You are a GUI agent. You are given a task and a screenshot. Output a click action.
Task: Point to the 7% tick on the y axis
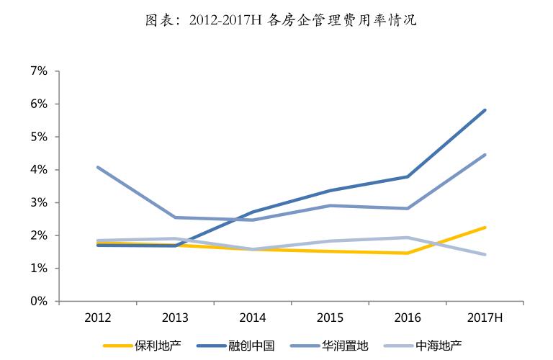[38, 71]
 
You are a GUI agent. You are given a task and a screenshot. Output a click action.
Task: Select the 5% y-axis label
[38, 137]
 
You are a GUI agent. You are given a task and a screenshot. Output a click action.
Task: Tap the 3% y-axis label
[38, 202]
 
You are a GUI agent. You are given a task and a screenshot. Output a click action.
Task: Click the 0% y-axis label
[38, 301]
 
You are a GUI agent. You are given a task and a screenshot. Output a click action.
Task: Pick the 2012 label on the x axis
[97, 318]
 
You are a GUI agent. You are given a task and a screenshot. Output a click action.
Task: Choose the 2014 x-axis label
[252, 318]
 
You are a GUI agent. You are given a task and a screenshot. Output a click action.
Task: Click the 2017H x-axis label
[485, 318]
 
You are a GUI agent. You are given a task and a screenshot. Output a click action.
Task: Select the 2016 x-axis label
[407, 318]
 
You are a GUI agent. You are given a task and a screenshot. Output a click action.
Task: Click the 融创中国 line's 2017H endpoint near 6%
[485, 110]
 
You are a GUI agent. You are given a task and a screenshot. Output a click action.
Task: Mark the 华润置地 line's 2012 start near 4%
[97, 167]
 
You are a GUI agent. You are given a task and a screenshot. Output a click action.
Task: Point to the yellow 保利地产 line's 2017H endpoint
[485, 228]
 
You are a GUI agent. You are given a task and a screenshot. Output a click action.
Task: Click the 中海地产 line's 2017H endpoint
[485, 254]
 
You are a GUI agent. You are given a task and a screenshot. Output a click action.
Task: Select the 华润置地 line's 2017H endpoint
[485, 155]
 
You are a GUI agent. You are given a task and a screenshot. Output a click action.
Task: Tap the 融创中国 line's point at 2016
[408, 176]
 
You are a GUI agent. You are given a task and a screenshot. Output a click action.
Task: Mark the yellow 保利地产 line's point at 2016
[408, 253]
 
